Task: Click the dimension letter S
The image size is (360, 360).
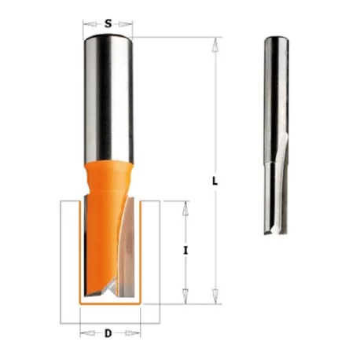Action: [108, 24]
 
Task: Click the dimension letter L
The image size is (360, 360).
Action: [215, 182]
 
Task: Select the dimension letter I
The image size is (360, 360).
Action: [186, 251]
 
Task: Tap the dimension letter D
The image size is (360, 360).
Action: [108, 333]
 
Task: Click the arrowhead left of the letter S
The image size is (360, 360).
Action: [90, 24]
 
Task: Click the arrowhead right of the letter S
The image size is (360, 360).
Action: [126, 24]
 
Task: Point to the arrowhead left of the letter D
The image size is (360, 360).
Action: [87, 333]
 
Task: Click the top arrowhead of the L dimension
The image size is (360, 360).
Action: [215, 45]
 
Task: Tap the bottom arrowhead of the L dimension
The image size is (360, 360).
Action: [215, 296]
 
